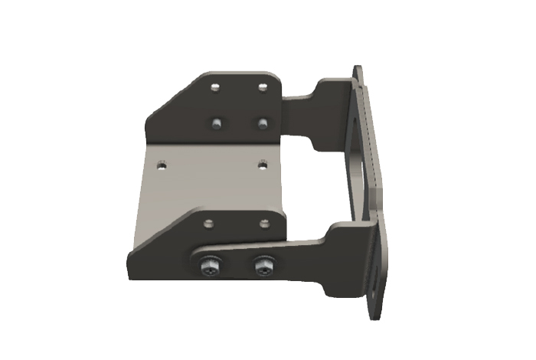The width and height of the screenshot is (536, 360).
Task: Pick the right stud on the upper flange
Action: point(263,122)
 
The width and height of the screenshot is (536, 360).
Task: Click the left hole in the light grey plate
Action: point(162,163)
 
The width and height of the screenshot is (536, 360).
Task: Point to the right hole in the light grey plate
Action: point(262,163)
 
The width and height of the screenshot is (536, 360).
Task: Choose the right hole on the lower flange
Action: point(263,223)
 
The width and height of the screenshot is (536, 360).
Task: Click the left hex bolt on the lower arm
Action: point(210,268)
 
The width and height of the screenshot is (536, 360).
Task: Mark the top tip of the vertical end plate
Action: point(358,67)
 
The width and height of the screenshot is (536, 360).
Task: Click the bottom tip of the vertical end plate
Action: point(373,316)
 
